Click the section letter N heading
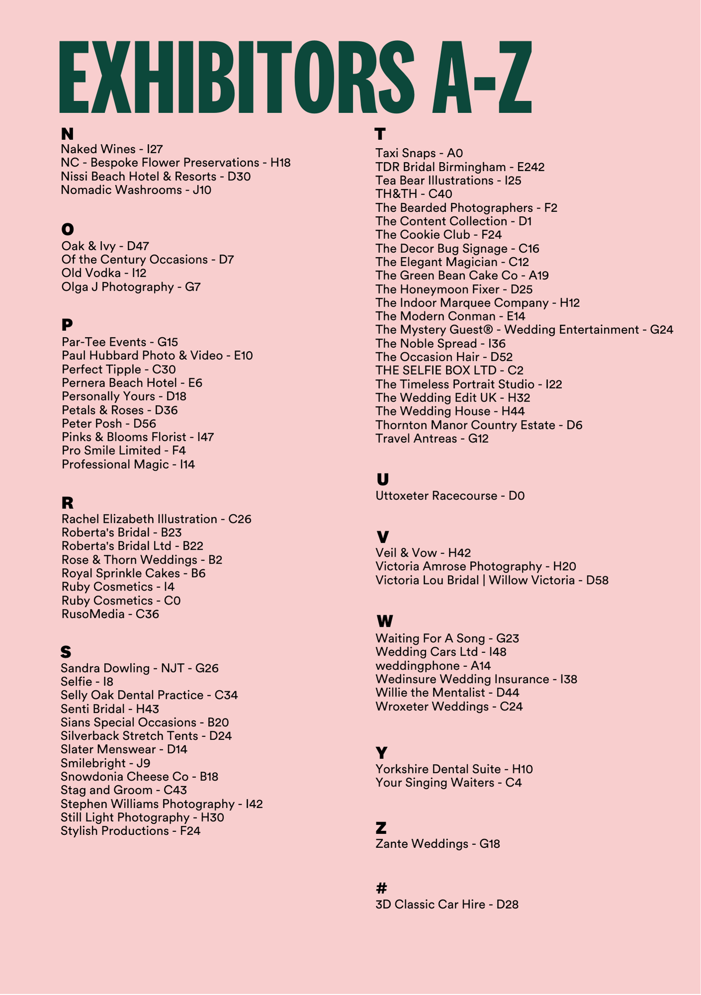point(67,134)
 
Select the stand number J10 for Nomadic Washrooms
point(202,190)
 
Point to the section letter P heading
point(67,325)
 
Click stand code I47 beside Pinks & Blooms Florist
point(205,437)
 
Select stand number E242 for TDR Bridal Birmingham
point(531,167)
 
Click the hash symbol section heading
point(382,888)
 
